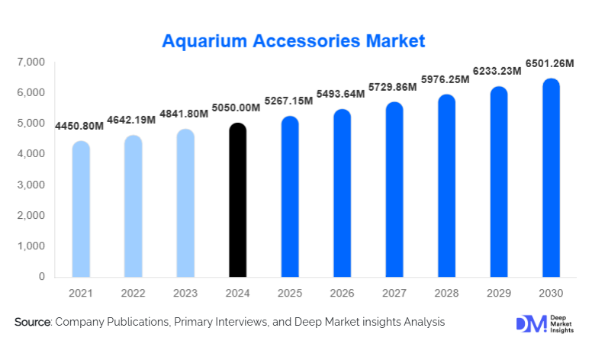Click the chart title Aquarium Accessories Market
[x=294, y=40]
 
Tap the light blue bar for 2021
[x=81, y=209]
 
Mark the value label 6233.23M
[x=495, y=71]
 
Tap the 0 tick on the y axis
[x=41, y=277]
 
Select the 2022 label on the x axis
[x=133, y=294]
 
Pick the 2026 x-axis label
[x=342, y=294]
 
